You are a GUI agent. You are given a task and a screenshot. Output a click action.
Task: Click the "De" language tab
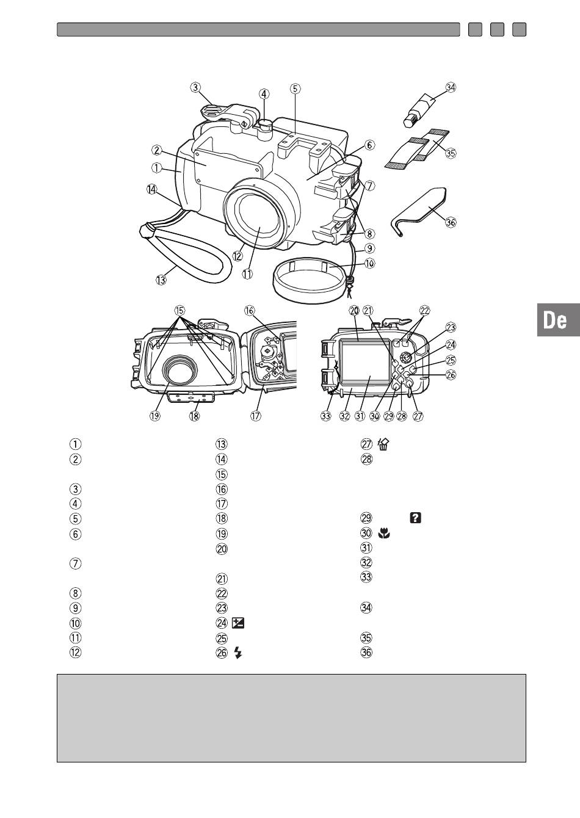(x=559, y=319)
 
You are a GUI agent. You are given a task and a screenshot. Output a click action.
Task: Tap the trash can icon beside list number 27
(x=383, y=444)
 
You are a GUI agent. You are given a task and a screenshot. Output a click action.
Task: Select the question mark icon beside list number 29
(x=416, y=518)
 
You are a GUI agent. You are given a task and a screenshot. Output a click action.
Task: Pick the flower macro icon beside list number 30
(x=384, y=534)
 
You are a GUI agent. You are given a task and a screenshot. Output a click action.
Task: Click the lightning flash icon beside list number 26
(x=238, y=653)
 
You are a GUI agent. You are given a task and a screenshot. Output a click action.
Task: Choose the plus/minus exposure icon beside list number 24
(x=238, y=623)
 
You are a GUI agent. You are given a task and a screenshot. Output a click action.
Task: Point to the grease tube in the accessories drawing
(x=419, y=109)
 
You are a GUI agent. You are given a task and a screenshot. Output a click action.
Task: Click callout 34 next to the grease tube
(x=451, y=87)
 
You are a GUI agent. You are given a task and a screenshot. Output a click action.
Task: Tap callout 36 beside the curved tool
(x=451, y=222)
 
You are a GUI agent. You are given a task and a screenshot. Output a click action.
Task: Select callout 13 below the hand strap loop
(x=161, y=280)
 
